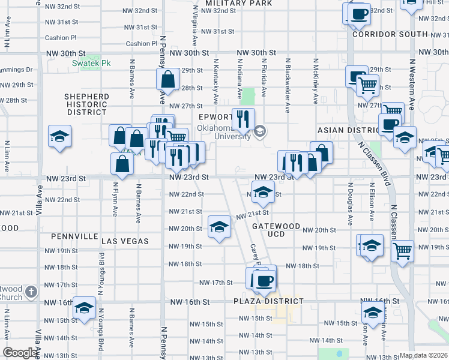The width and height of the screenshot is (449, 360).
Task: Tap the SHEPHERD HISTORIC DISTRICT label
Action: [x=87, y=104]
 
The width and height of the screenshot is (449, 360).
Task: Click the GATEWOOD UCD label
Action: [x=276, y=230]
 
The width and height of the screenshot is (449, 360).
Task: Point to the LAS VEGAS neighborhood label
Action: [x=125, y=241]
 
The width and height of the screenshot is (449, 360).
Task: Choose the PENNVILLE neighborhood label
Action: [x=74, y=237]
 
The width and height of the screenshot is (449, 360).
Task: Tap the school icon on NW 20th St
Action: [x=219, y=226]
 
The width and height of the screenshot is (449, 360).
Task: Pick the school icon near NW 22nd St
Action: [x=262, y=193]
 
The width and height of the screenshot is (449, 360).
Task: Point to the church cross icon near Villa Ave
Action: [x=31, y=292]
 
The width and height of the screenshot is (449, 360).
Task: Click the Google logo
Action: [x=20, y=353]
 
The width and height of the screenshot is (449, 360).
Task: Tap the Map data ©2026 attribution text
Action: [x=424, y=355]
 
